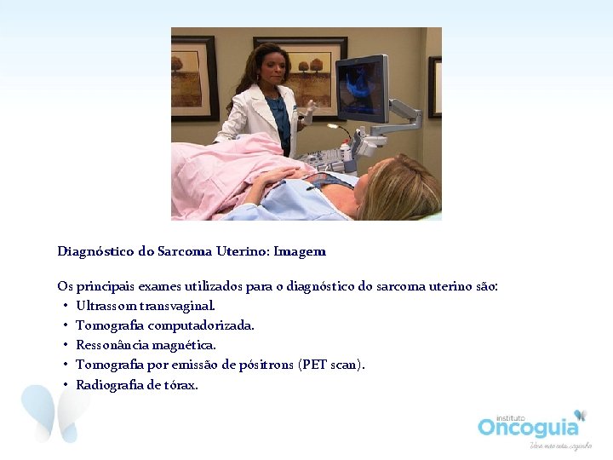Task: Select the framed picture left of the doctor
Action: point(194,78)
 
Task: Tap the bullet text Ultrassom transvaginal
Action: point(146,305)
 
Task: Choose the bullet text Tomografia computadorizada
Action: point(164,325)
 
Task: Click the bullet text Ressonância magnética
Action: point(146,345)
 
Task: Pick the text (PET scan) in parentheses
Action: point(331,365)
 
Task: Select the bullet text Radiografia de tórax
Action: point(136,385)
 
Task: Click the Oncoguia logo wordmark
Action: point(527,427)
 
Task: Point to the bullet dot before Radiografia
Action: point(65,385)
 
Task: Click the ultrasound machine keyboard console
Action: point(328,158)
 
